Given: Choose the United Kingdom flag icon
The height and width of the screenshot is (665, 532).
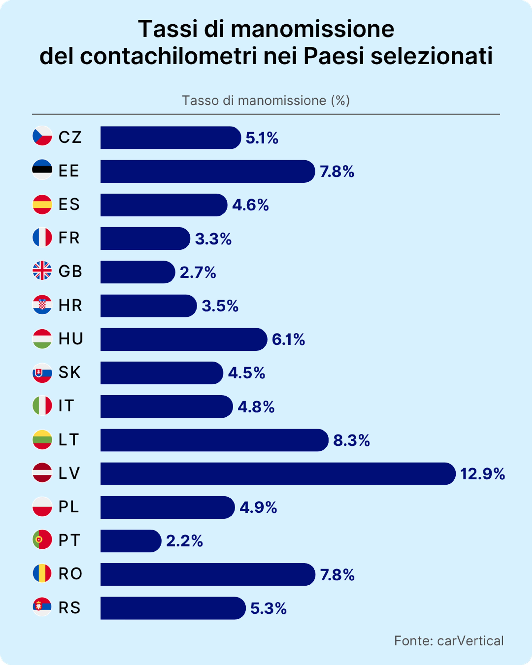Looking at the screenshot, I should (42, 271).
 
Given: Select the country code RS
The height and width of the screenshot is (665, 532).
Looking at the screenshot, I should (70, 608).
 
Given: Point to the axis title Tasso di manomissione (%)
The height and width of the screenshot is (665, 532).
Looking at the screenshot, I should (266, 101).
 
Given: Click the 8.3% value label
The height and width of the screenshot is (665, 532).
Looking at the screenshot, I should (351, 440).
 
